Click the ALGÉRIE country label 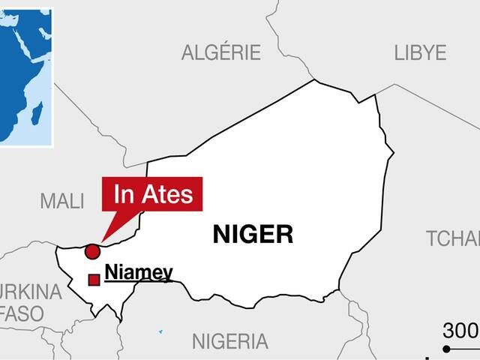click(x=220, y=52)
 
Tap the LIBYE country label click(x=420, y=52)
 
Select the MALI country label click(x=62, y=201)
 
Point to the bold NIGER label click(x=253, y=235)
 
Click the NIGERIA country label click(x=229, y=342)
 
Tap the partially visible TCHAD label click(x=452, y=239)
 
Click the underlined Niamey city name click(x=139, y=273)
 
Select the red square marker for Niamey click(x=94, y=280)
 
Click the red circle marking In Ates click(x=92, y=251)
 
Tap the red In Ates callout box click(x=152, y=194)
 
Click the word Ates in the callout click(x=169, y=195)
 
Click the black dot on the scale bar click(x=446, y=349)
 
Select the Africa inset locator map click(x=26, y=75)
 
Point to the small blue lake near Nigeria click(x=160, y=331)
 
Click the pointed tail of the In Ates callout click(x=106, y=235)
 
